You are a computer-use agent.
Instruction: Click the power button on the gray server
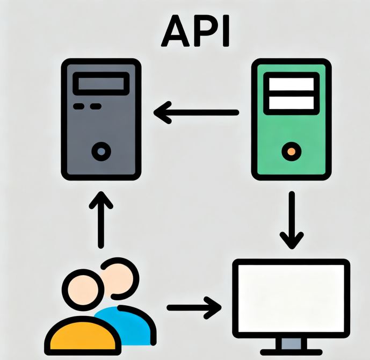(x=100, y=152)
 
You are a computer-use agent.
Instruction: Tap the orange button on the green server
(x=291, y=152)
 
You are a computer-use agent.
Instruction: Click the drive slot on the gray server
(x=101, y=84)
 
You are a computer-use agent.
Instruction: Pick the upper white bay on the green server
(x=291, y=84)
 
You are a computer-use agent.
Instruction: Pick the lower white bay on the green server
(x=291, y=103)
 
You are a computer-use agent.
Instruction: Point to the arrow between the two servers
(x=196, y=113)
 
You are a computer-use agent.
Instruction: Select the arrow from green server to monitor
(x=291, y=220)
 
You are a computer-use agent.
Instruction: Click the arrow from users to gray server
(x=100, y=220)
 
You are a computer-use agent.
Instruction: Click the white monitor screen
(x=291, y=299)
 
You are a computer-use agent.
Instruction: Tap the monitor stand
(x=291, y=345)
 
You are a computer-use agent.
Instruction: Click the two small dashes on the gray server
(x=87, y=106)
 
